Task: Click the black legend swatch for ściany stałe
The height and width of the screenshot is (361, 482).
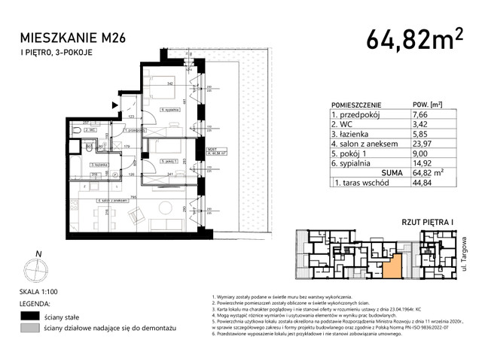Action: click(x=30, y=316)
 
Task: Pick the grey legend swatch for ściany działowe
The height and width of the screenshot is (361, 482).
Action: click(x=30, y=329)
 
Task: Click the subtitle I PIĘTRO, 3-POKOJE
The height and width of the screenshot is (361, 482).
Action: click(x=54, y=51)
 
